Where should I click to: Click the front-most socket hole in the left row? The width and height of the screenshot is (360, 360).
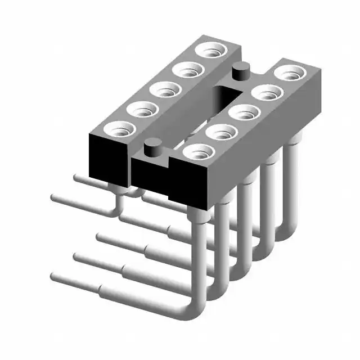[119, 130]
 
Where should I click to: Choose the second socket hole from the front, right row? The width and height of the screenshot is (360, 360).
[222, 132]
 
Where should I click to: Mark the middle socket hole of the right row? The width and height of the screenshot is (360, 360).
[244, 112]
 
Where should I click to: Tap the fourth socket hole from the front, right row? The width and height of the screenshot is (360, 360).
[267, 92]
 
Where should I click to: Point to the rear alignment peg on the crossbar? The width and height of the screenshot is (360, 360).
[240, 72]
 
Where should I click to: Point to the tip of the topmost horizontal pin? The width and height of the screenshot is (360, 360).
[78, 178]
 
